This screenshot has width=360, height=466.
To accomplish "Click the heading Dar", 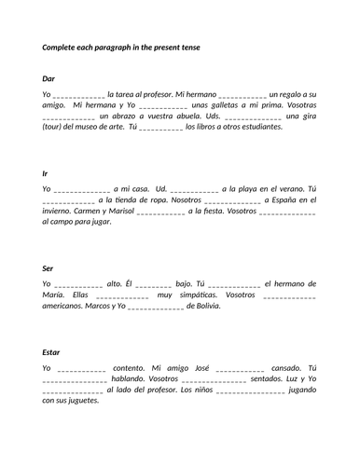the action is pyautogui.click(x=48, y=79).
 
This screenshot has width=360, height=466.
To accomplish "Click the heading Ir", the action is pyautogui.click(x=46, y=173).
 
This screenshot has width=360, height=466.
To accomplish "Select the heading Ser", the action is pyautogui.click(x=48, y=268).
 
